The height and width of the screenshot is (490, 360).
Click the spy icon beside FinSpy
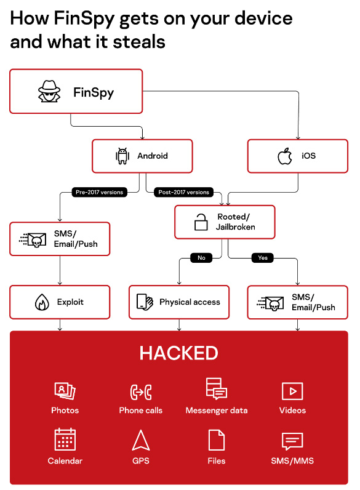pos(49,91)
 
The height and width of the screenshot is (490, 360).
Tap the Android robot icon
pos(122,156)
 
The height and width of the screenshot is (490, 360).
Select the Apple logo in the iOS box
pos(285,156)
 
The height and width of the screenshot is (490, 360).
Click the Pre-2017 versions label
pos(99,192)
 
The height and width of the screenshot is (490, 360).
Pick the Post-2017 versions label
pos(184,192)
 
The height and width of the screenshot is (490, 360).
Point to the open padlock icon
pos(201,222)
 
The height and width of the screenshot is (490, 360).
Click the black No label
pos(201,258)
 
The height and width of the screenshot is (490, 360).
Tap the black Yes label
pos(263,258)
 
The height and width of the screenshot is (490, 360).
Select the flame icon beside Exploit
pos(42,302)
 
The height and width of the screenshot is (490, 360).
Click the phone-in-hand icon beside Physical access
pos(145,302)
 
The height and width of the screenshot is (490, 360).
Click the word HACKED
pos(178,353)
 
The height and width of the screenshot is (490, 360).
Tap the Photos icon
pos(65,391)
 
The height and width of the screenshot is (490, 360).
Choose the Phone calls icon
pos(141,392)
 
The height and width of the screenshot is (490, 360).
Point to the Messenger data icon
pos(217,388)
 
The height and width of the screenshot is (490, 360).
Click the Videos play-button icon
pos(292,391)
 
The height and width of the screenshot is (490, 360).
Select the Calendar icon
pos(65,439)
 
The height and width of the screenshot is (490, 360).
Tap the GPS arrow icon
pos(141,440)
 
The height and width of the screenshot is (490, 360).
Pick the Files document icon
pos(217,440)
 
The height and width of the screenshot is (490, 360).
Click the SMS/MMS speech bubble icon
pos(292,441)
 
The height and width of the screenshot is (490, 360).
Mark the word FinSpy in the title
pos(84,18)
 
